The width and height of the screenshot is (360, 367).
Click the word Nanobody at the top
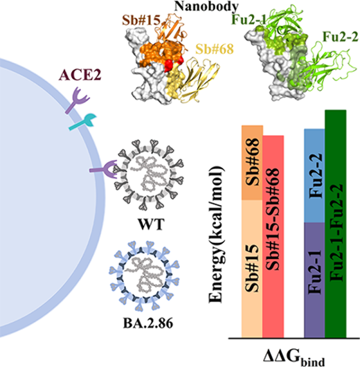(x=206, y=6)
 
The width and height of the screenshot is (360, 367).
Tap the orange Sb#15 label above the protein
(x=141, y=20)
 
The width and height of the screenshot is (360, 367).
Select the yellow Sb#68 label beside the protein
(x=215, y=49)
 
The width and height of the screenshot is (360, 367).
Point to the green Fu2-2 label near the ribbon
(x=341, y=37)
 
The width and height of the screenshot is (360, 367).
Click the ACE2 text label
(x=80, y=75)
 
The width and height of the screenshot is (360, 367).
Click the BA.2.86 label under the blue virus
(x=148, y=323)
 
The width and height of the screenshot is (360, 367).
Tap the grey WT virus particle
(x=149, y=174)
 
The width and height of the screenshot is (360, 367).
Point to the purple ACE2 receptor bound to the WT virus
(x=104, y=169)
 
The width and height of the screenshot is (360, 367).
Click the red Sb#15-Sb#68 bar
(x=273, y=236)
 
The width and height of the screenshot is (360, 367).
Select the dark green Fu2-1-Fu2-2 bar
(x=335, y=224)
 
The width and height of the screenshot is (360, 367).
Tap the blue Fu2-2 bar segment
(x=314, y=176)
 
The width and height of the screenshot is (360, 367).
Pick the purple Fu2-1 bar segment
(x=314, y=280)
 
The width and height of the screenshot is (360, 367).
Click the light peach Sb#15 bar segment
(x=252, y=269)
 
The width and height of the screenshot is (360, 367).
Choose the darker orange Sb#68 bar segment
(x=252, y=163)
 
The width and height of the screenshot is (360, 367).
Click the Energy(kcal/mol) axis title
(x=216, y=235)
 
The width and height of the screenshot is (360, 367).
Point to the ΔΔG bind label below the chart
(x=294, y=358)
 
